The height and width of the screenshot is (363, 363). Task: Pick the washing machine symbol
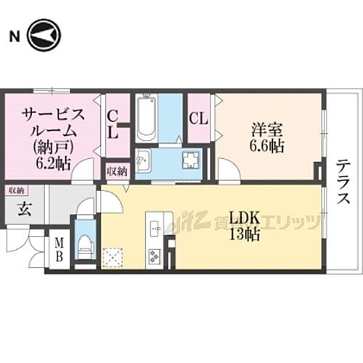click(192, 160)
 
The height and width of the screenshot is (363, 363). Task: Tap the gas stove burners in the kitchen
click(155, 256)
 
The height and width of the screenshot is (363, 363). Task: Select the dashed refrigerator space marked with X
click(113, 256)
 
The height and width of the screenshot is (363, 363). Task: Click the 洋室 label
click(266, 131)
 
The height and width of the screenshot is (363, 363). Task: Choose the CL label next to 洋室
click(197, 117)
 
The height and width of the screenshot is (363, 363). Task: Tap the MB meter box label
click(57, 250)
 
